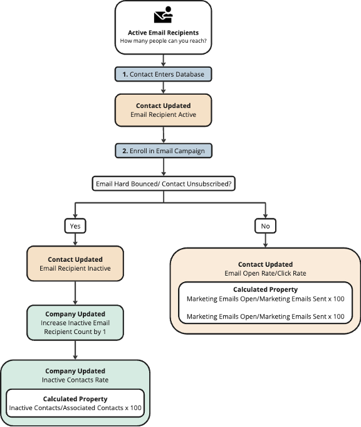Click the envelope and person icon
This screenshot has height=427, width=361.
click(x=163, y=14)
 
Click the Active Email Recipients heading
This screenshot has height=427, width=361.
click(x=163, y=33)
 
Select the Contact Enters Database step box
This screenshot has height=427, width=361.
click(x=163, y=74)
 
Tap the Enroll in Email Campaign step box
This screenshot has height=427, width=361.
click(x=164, y=151)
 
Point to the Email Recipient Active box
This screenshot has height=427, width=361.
click(x=163, y=111)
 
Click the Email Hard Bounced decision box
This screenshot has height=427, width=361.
click(x=164, y=184)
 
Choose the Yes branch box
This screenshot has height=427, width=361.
click(x=75, y=226)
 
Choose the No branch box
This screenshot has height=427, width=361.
click(x=265, y=226)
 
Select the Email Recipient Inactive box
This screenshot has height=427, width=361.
click(x=75, y=264)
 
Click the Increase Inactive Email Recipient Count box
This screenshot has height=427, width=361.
click(x=75, y=323)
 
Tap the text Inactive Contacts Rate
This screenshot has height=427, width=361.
click(x=75, y=380)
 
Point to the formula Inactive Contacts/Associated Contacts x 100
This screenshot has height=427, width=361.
click(x=75, y=408)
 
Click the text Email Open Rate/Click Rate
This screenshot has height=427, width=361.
click(x=265, y=273)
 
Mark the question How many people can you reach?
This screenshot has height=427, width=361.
click(x=163, y=41)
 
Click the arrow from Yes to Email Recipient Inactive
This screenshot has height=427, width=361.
click(x=75, y=240)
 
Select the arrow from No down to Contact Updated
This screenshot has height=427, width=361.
click(x=265, y=241)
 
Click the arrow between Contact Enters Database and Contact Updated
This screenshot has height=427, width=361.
click(x=163, y=88)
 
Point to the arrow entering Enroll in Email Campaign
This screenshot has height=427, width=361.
click(x=164, y=135)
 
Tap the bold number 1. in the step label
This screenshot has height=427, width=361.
click(x=125, y=74)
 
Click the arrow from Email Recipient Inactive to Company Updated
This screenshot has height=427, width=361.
click(x=75, y=293)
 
